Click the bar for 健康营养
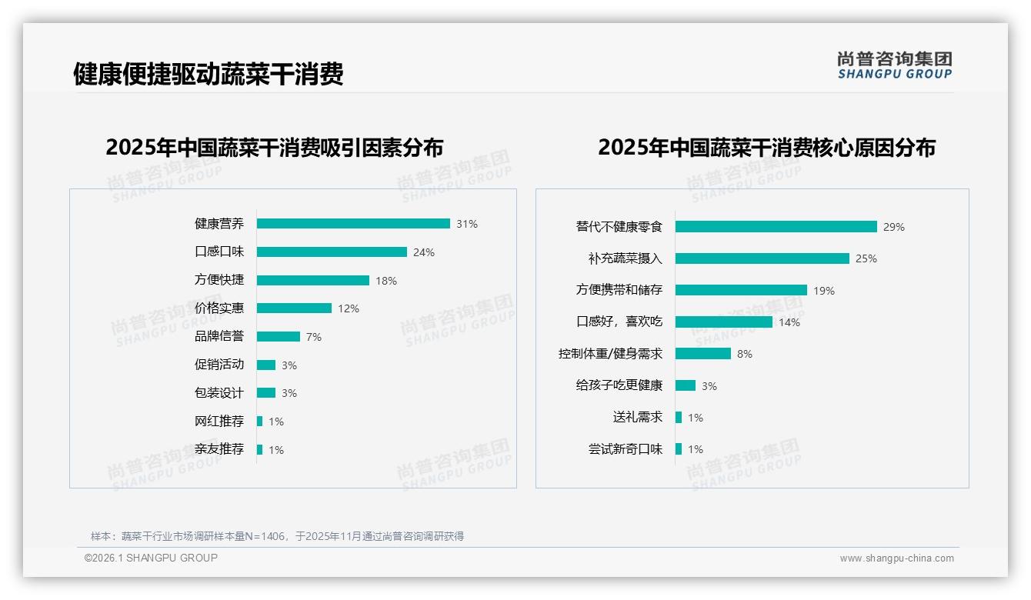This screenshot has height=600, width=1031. pos(353,224)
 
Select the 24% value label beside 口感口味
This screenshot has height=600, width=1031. pos(424,252)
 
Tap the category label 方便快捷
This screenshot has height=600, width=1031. pos(219,280)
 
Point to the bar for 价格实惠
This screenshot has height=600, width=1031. pos(294,308)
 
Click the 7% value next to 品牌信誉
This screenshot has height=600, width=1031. pos(313,337)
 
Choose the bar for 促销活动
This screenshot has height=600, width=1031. pos(266,365)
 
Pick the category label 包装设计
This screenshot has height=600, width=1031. pos(219,393)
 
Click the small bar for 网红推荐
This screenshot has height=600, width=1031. pos(260,422)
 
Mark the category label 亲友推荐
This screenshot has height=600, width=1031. pos(219,449)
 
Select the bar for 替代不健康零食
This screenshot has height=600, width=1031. pos(776,227)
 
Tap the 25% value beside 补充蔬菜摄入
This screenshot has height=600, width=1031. pos(866,258)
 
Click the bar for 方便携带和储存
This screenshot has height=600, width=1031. pos(741,290)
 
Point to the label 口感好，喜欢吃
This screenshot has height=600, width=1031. pos(619,322)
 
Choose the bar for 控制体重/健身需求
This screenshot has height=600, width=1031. pos(703,354)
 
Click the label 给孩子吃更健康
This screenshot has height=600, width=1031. pos(619,385)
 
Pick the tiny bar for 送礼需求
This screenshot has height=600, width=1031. pos(679,418)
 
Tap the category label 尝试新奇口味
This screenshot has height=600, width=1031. pos(626,449)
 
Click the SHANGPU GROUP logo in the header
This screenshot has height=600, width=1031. pos(895,65)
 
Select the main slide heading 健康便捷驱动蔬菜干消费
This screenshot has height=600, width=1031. pos(209,75)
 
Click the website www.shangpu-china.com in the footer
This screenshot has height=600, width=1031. pos(896,558)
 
